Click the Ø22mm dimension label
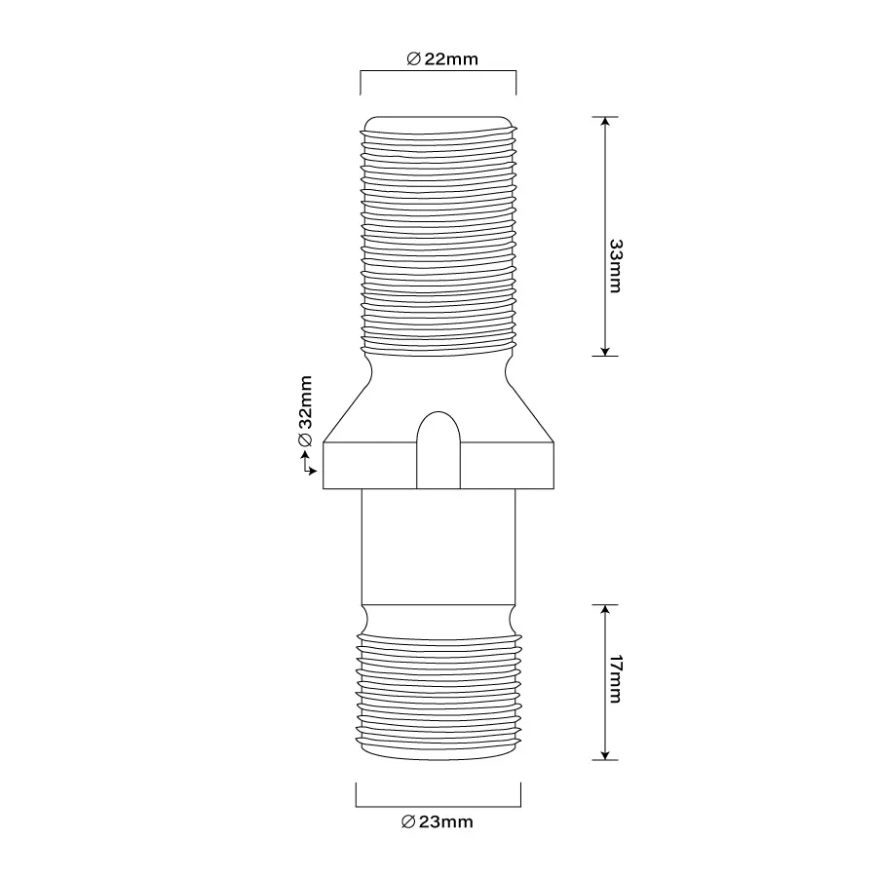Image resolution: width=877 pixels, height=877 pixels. tap(442, 58)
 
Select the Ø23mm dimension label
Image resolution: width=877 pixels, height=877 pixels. tap(438, 821)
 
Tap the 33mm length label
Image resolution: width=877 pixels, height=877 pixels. tap(616, 266)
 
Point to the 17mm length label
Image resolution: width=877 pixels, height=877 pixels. tap(616, 679)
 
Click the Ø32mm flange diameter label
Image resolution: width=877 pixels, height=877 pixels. tap(305, 411)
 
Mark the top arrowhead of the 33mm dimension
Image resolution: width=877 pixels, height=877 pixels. tap(604, 122)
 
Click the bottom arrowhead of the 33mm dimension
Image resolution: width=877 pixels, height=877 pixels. tap(604, 351)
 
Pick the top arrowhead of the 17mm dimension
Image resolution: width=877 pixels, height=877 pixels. tap(604, 610)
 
